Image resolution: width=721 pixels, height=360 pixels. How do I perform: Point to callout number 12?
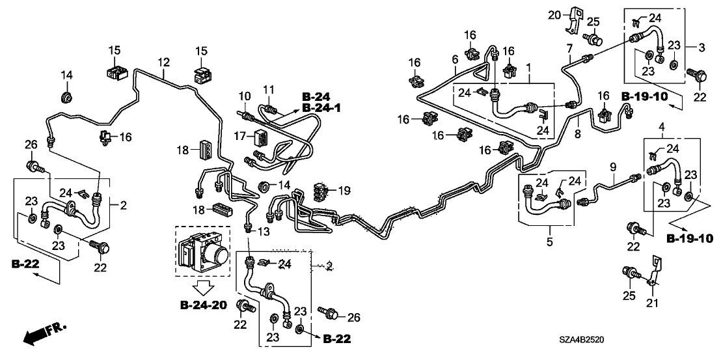[163, 62]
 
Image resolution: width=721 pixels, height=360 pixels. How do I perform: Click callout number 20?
[553, 14]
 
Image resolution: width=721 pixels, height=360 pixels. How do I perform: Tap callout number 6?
[455, 59]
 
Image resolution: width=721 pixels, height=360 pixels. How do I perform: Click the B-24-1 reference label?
[321, 109]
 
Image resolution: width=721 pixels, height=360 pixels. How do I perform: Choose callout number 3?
[701, 48]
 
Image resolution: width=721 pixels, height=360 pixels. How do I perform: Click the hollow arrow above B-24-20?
[202, 286]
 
